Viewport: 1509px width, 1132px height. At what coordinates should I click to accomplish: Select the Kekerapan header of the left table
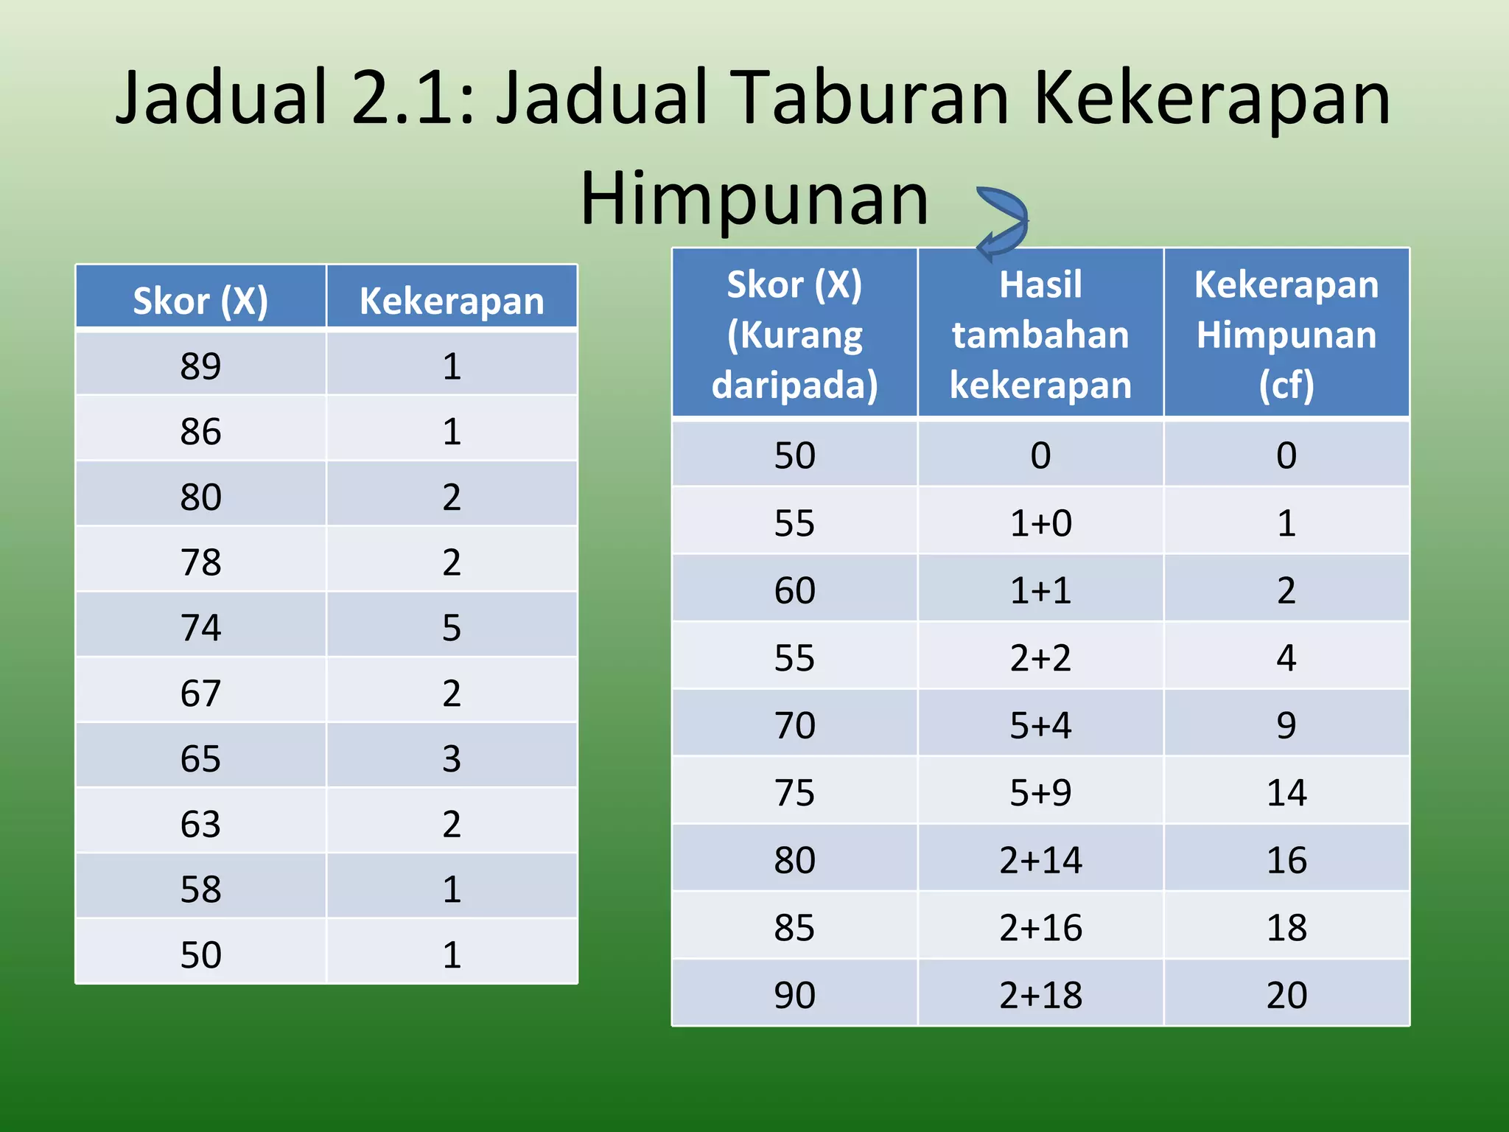(452, 301)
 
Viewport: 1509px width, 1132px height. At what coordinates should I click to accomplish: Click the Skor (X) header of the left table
(200, 301)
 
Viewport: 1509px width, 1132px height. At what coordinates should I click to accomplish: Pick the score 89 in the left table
(200, 366)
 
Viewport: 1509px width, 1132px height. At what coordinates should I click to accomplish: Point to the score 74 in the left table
(200, 628)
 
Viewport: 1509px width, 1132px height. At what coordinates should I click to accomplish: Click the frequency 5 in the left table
(452, 628)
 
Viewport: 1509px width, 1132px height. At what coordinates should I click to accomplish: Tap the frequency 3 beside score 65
(452, 759)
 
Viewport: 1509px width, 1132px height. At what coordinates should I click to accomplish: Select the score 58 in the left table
(200, 890)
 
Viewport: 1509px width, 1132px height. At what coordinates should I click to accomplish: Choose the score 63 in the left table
(200, 824)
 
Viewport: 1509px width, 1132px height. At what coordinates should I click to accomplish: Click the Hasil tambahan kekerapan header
(1040, 335)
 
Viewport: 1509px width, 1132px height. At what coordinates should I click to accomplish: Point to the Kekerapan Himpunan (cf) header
(1286, 335)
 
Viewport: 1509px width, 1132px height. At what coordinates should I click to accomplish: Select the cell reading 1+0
(1040, 523)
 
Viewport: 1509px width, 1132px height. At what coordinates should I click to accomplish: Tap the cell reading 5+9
(1040, 793)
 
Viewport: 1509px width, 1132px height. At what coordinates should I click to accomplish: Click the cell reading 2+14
(1040, 860)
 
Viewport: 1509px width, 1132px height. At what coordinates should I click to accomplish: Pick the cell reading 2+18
(1040, 995)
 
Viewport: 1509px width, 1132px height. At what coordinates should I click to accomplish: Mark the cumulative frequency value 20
(1286, 995)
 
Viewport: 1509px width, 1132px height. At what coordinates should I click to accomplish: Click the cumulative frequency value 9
(1286, 726)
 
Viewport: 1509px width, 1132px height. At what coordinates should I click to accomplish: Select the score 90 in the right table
(794, 995)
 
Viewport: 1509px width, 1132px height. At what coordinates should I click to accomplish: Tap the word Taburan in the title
(872, 99)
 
